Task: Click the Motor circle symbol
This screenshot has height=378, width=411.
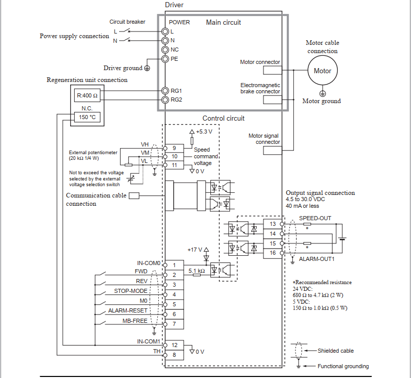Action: [x=322, y=71]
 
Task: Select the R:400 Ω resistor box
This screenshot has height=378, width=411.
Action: [x=87, y=96]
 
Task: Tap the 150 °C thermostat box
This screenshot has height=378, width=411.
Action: [x=87, y=117]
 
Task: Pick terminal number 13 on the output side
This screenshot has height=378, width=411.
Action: [x=272, y=224]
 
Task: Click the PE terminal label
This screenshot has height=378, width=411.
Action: [x=174, y=59]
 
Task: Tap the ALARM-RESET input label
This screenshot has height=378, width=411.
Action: [x=128, y=311]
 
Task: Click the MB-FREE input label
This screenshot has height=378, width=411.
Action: [x=135, y=321]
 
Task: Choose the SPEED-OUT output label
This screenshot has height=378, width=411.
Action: [x=315, y=218]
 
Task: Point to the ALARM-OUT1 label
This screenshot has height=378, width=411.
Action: [x=317, y=259]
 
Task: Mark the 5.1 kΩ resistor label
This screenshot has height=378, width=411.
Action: [x=196, y=271]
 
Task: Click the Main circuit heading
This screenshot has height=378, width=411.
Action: [x=223, y=22]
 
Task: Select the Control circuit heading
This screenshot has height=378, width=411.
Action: [x=223, y=118]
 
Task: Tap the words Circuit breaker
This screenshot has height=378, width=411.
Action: [x=127, y=22]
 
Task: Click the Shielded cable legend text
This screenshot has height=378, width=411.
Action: [x=336, y=351]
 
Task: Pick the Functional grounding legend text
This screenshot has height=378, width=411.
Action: [x=343, y=366]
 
